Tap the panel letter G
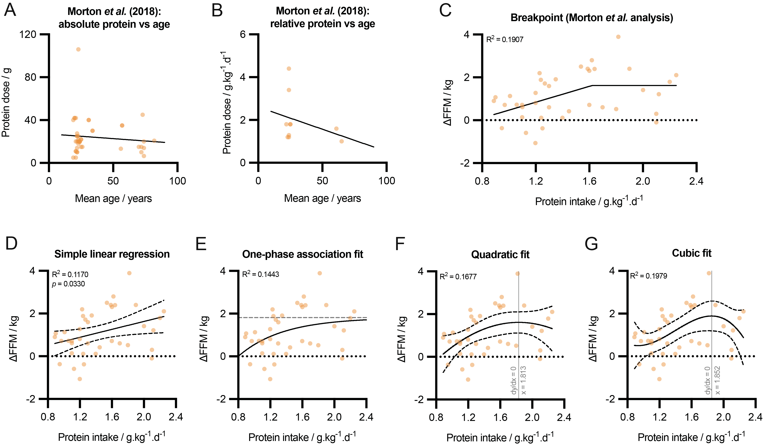(x=591, y=244)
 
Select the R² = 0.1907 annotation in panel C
(x=504, y=39)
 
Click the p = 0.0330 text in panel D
(x=69, y=284)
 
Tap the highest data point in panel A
(x=78, y=49)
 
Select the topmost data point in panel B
(x=289, y=69)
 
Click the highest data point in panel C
(x=618, y=37)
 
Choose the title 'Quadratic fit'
(x=500, y=254)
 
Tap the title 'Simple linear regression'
(x=112, y=254)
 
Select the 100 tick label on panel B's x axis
(x=387, y=181)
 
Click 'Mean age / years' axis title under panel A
(x=113, y=198)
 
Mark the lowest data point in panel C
(x=535, y=143)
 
